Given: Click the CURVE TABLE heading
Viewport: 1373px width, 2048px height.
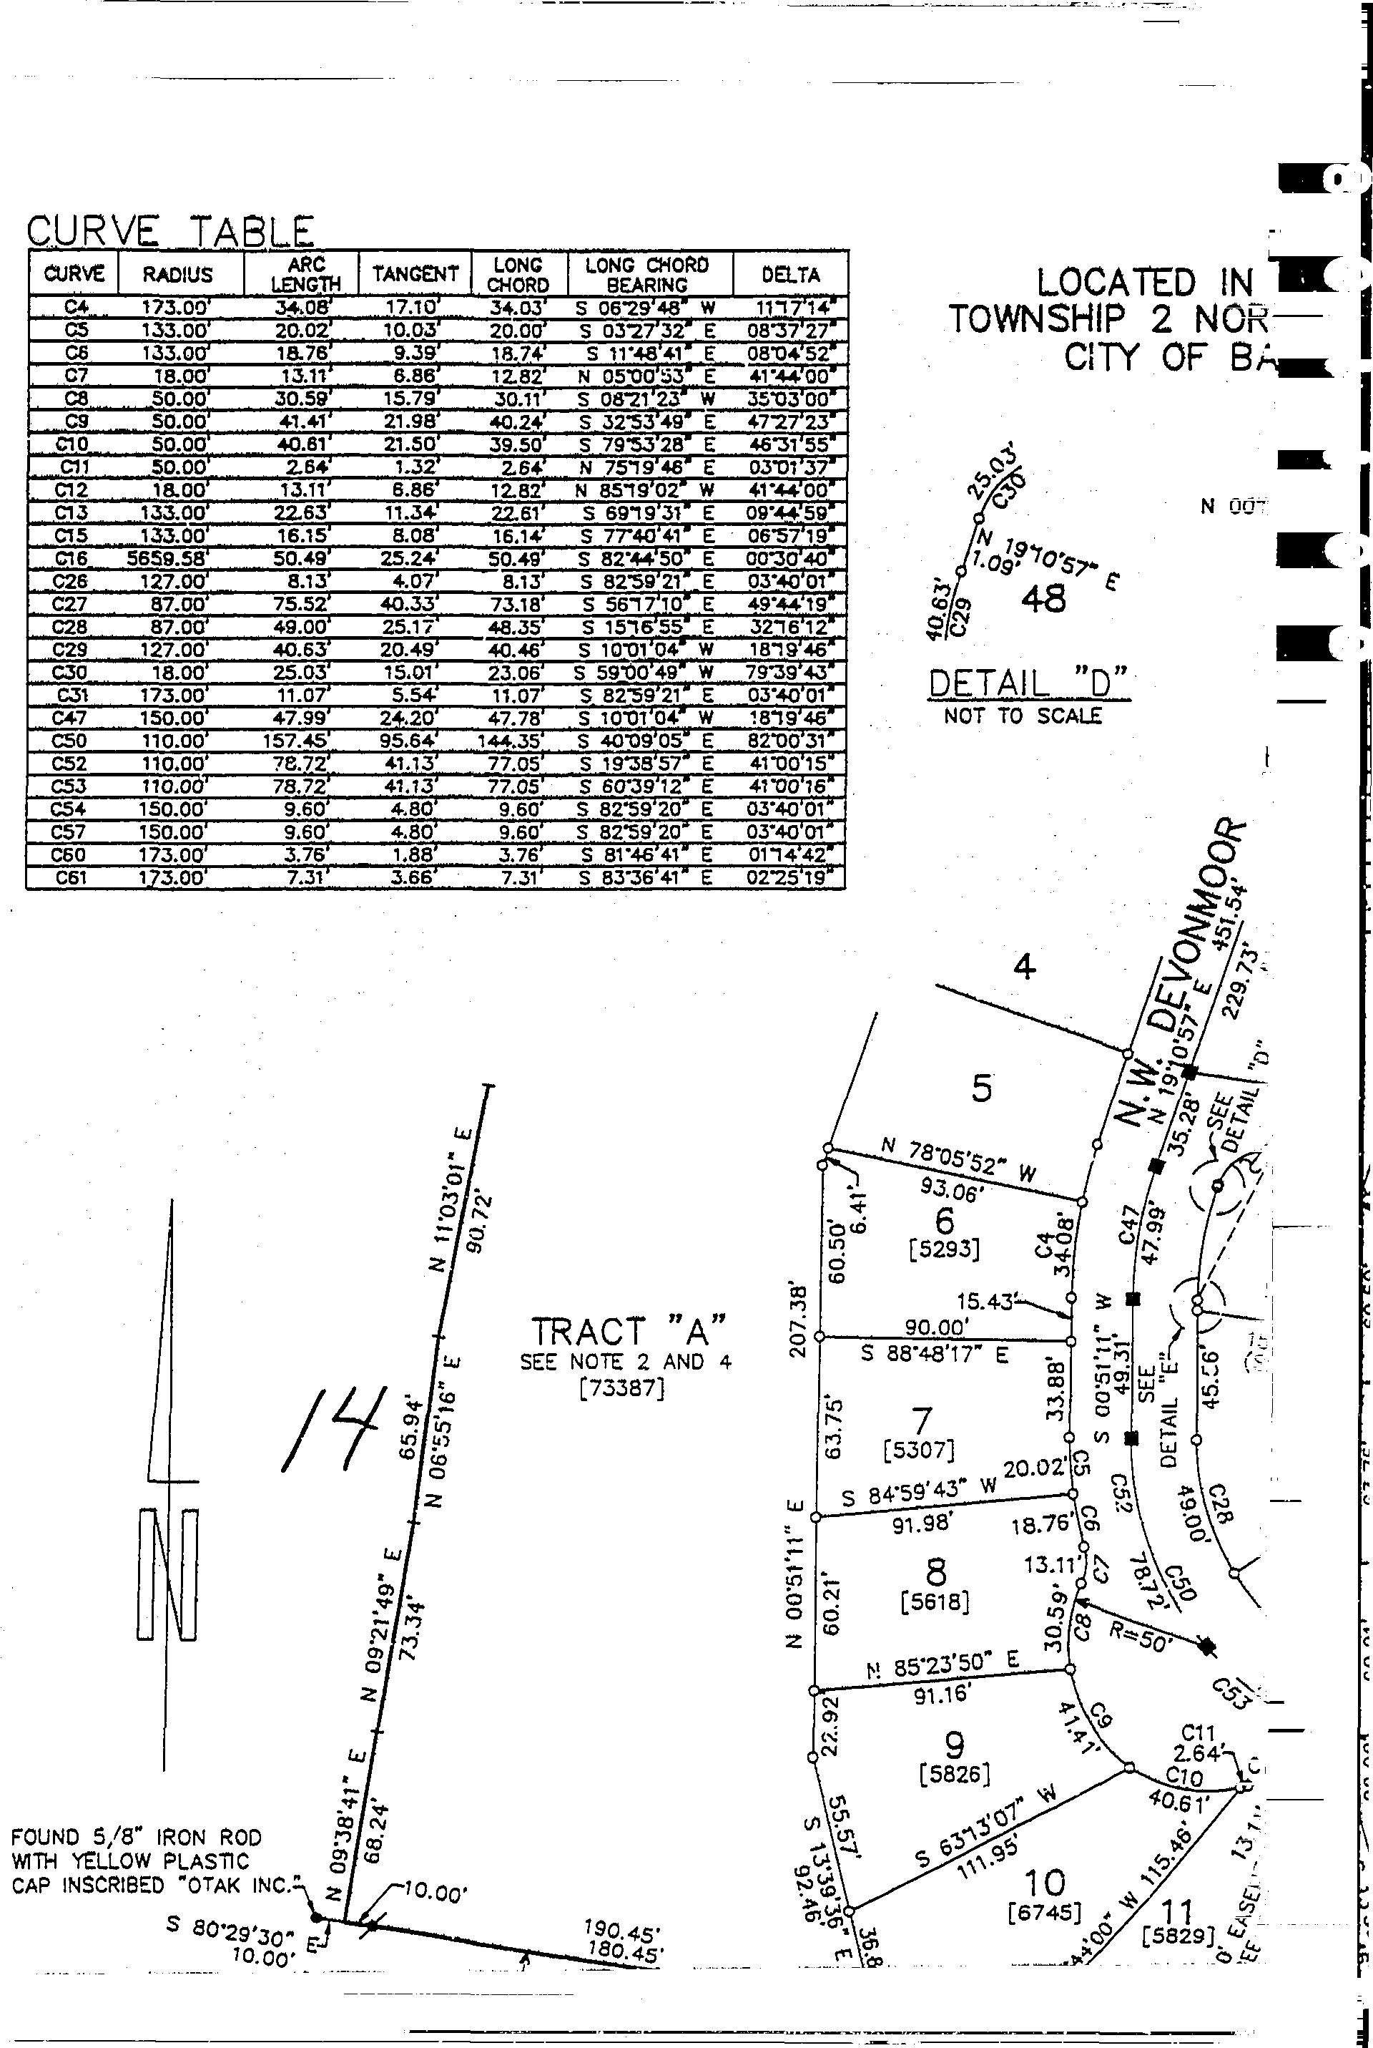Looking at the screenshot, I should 171,231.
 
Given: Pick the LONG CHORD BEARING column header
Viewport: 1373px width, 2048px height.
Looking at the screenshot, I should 647,274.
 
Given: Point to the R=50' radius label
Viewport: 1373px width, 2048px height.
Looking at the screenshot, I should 1140,1633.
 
